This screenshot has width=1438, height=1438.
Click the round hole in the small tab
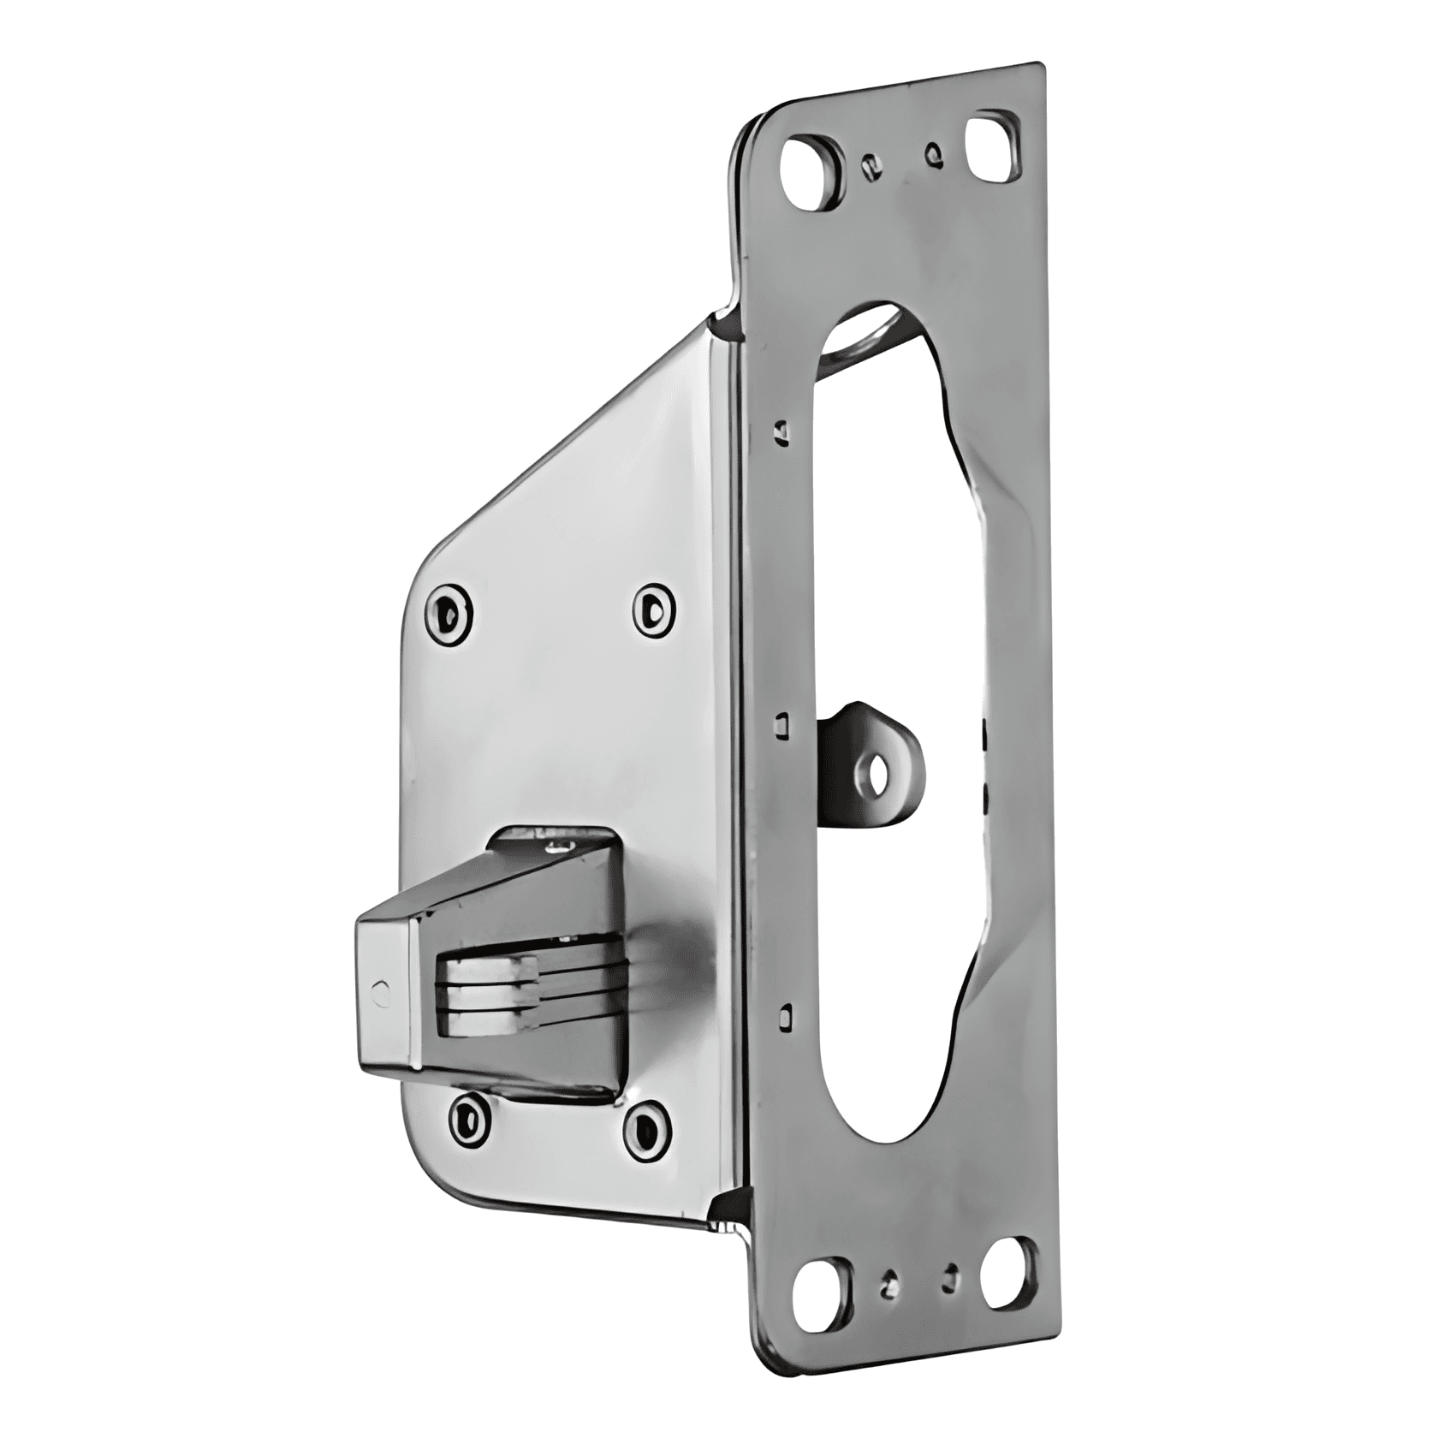tap(876, 777)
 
